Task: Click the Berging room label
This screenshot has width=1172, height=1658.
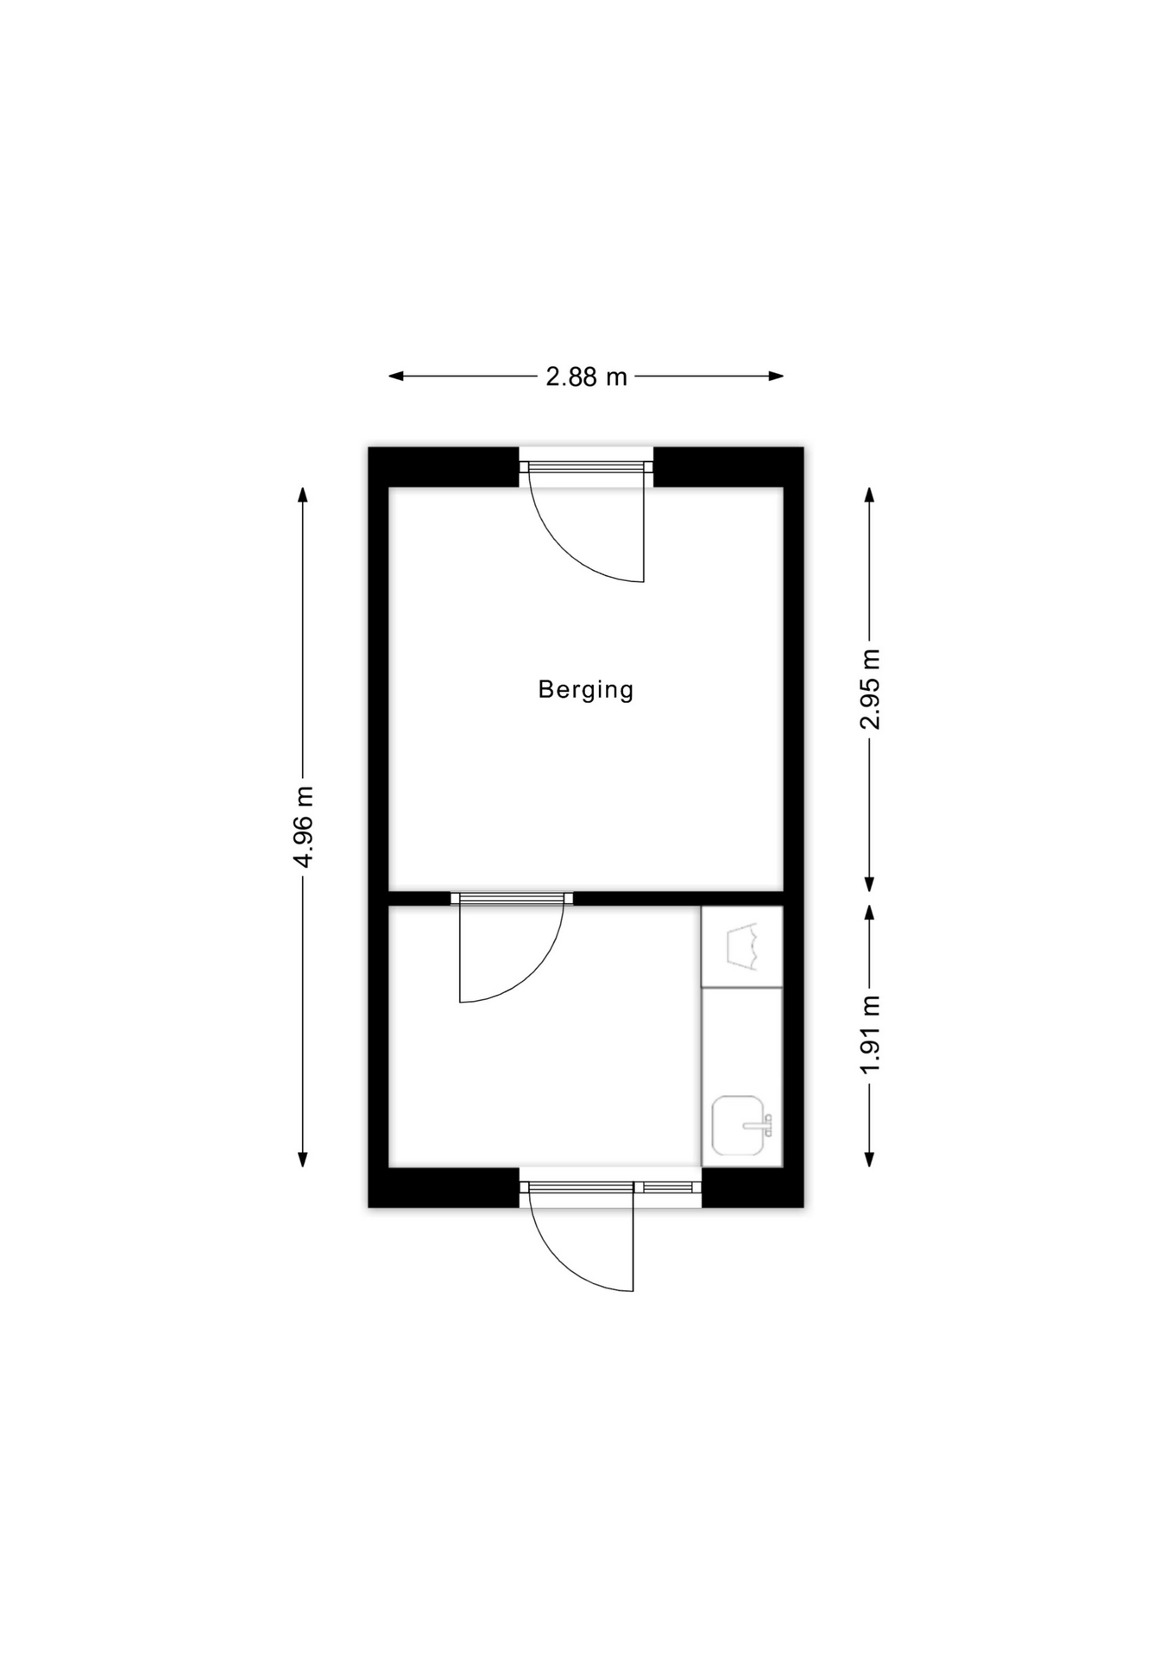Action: [x=585, y=690]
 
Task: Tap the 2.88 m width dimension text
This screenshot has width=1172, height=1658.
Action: [x=586, y=377]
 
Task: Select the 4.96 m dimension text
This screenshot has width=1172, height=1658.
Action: [x=303, y=827]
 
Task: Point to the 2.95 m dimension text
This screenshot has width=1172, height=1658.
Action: [x=870, y=689]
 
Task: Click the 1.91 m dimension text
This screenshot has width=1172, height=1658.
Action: [x=870, y=1035]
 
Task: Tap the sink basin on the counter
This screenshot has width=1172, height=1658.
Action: [x=738, y=1126]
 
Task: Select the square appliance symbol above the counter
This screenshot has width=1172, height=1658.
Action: [x=742, y=946]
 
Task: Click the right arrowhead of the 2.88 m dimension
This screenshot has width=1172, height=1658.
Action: [x=775, y=376]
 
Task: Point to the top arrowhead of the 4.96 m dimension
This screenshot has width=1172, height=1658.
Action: [x=303, y=495]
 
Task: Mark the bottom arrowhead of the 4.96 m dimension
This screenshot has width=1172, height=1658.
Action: [x=303, y=1159]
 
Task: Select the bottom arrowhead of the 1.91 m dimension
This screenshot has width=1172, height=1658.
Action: [x=870, y=1159]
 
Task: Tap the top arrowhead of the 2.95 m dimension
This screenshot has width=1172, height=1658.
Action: [x=870, y=495]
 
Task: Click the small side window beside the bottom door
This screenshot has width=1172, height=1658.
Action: [x=668, y=1187]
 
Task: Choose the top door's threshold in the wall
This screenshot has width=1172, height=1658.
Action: [x=586, y=467]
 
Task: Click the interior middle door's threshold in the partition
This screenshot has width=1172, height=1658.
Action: [x=512, y=898]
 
